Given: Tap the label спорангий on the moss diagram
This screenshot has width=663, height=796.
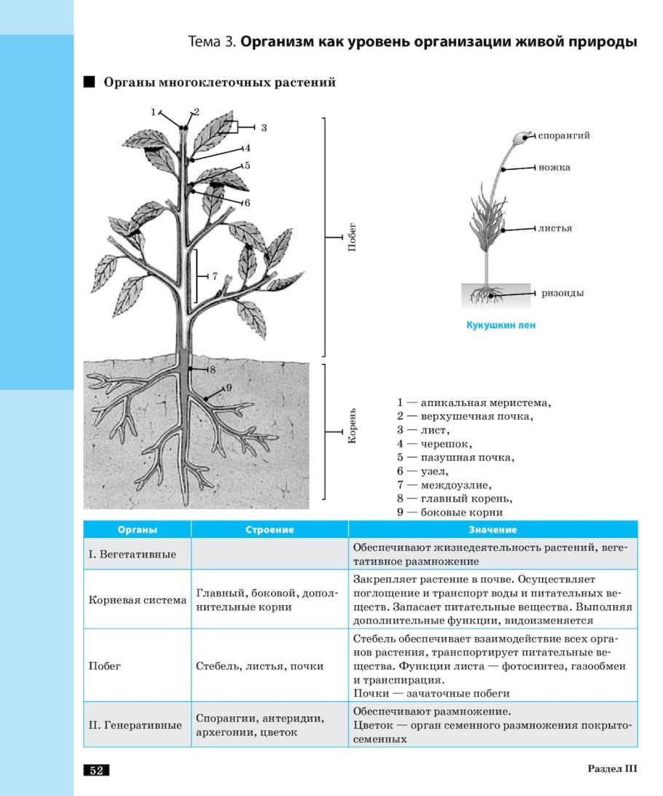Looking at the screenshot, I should [565, 136].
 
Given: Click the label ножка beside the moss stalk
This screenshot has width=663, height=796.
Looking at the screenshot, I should [554, 168].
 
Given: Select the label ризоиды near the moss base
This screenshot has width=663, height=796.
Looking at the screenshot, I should [563, 293].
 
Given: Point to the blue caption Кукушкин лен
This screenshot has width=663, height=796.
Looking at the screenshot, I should [501, 326].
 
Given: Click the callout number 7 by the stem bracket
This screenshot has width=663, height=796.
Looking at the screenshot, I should [215, 276].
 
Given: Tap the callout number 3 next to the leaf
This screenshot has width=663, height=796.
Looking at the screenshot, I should [264, 128].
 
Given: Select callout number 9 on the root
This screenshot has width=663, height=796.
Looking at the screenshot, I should [228, 388].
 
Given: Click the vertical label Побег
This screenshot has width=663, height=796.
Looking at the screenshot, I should [351, 238].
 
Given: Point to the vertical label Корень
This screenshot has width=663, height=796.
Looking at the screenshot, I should [351, 426].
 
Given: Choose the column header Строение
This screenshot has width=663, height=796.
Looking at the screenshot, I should [270, 530].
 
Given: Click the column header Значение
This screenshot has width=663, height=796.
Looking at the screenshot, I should [493, 530].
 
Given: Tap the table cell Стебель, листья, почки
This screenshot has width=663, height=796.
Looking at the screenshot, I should [260, 666].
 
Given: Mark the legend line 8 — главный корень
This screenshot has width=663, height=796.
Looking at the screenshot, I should [455, 499].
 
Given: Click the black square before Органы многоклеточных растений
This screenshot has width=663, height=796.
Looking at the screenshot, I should [90, 82].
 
